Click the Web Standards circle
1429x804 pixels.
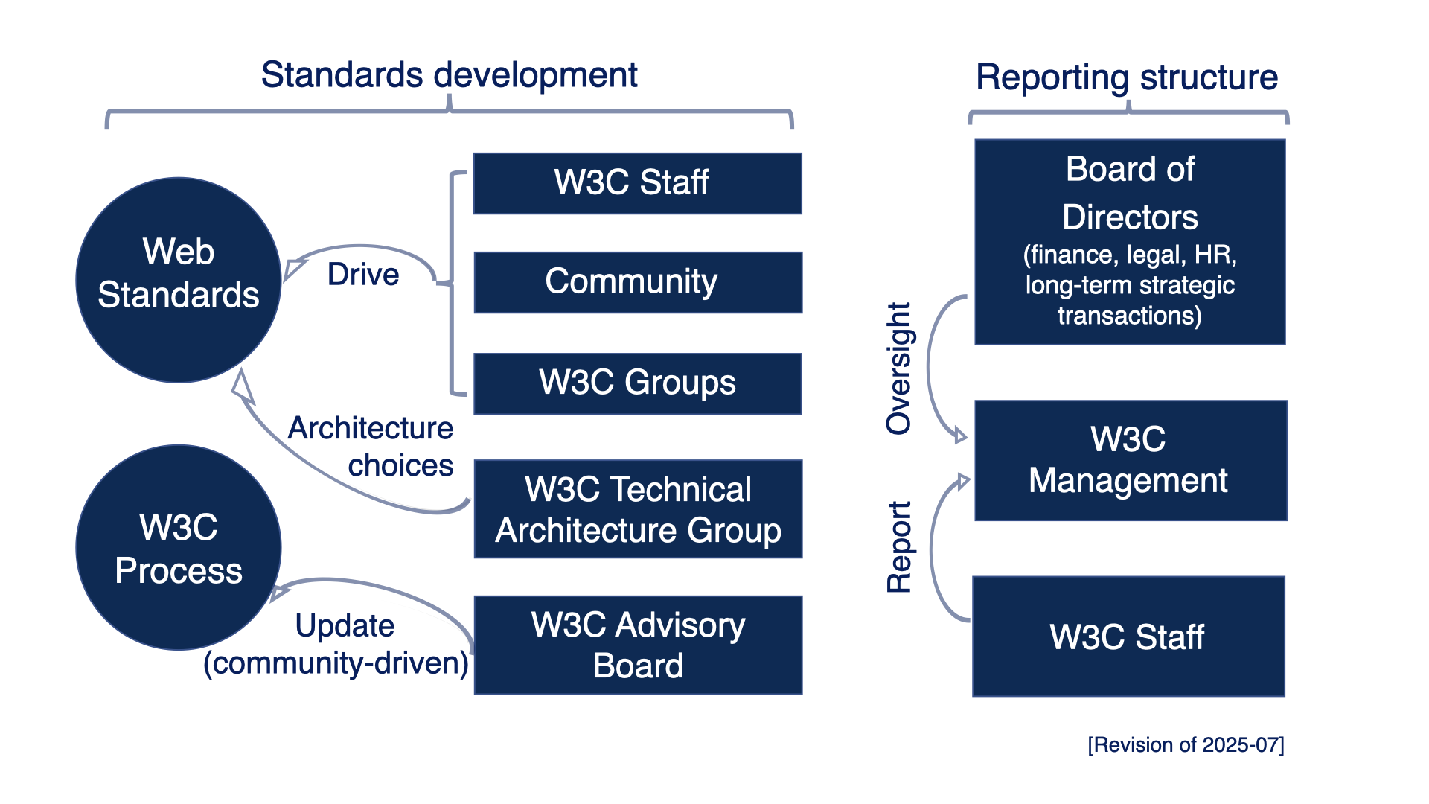click(x=179, y=280)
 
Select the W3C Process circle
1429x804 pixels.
click(x=179, y=548)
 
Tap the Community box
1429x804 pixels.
click(x=638, y=282)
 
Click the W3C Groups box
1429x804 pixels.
click(x=638, y=383)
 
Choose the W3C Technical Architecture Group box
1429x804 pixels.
click(x=638, y=509)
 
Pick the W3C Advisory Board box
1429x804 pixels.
click(x=638, y=645)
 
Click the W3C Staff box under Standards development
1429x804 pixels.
click(x=638, y=183)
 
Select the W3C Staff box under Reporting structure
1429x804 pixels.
click(x=1128, y=636)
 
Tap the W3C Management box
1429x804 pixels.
click(x=1130, y=460)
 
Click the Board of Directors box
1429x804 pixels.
click(x=1130, y=242)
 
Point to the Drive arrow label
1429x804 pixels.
click(x=363, y=275)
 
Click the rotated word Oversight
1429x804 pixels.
click(x=898, y=368)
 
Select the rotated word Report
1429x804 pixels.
click(x=898, y=547)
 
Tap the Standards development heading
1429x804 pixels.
click(x=449, y=75)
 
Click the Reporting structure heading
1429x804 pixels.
click(x=1127, y=77)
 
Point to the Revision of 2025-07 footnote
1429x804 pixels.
click(x=1186, y=745)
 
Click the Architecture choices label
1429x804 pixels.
click(x=372, y=447)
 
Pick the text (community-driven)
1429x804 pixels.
click(x=336, y=663)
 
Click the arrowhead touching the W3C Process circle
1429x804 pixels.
click(x=279, y=593)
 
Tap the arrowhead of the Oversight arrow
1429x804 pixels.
click(x=961, y=436)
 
